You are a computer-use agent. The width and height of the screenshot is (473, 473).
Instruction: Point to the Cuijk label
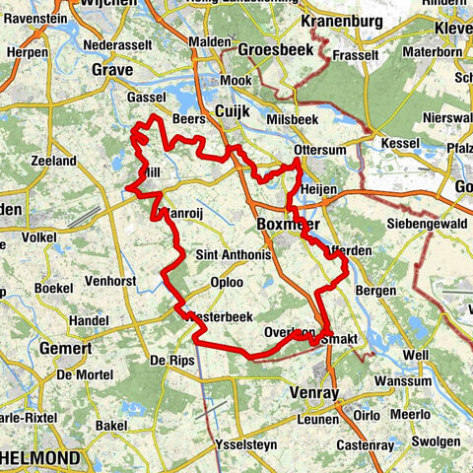point(235,110)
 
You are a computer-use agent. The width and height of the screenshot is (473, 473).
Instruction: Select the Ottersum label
point(315,150)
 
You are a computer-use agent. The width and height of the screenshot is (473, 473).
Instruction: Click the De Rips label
point(168,362)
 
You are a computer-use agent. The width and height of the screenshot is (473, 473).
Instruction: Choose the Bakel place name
point(111,425)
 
